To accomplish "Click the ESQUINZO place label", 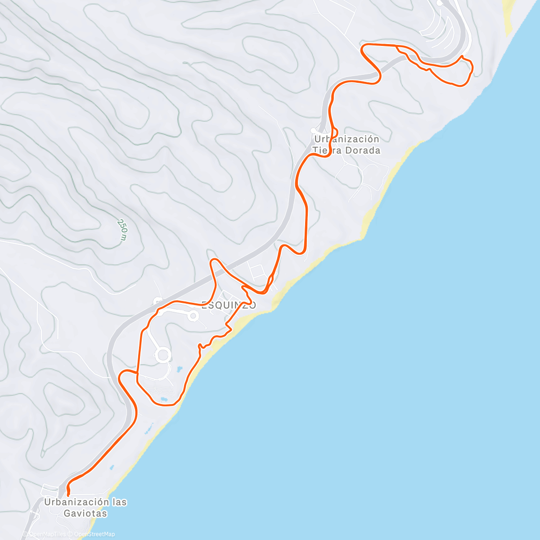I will tap(229, 305).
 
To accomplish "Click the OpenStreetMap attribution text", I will tap(94, 534).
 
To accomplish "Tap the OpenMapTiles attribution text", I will tap(47, 534).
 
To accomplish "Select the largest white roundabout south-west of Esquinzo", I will tap(163, 355).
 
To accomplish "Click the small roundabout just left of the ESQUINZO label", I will tap(193, 316).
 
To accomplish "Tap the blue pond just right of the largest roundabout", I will tap(179, 369).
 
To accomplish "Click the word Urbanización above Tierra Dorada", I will tap(346, 139).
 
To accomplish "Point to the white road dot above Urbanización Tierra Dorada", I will tap(313, 130).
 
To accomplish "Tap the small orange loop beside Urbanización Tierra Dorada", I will tap(328, 150).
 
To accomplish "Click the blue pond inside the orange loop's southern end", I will tap(163, 399).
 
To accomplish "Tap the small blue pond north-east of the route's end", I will tap(112, 468).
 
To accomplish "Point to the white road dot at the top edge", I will tap(439, 3).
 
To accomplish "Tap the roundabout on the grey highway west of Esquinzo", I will tap(158, 301).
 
